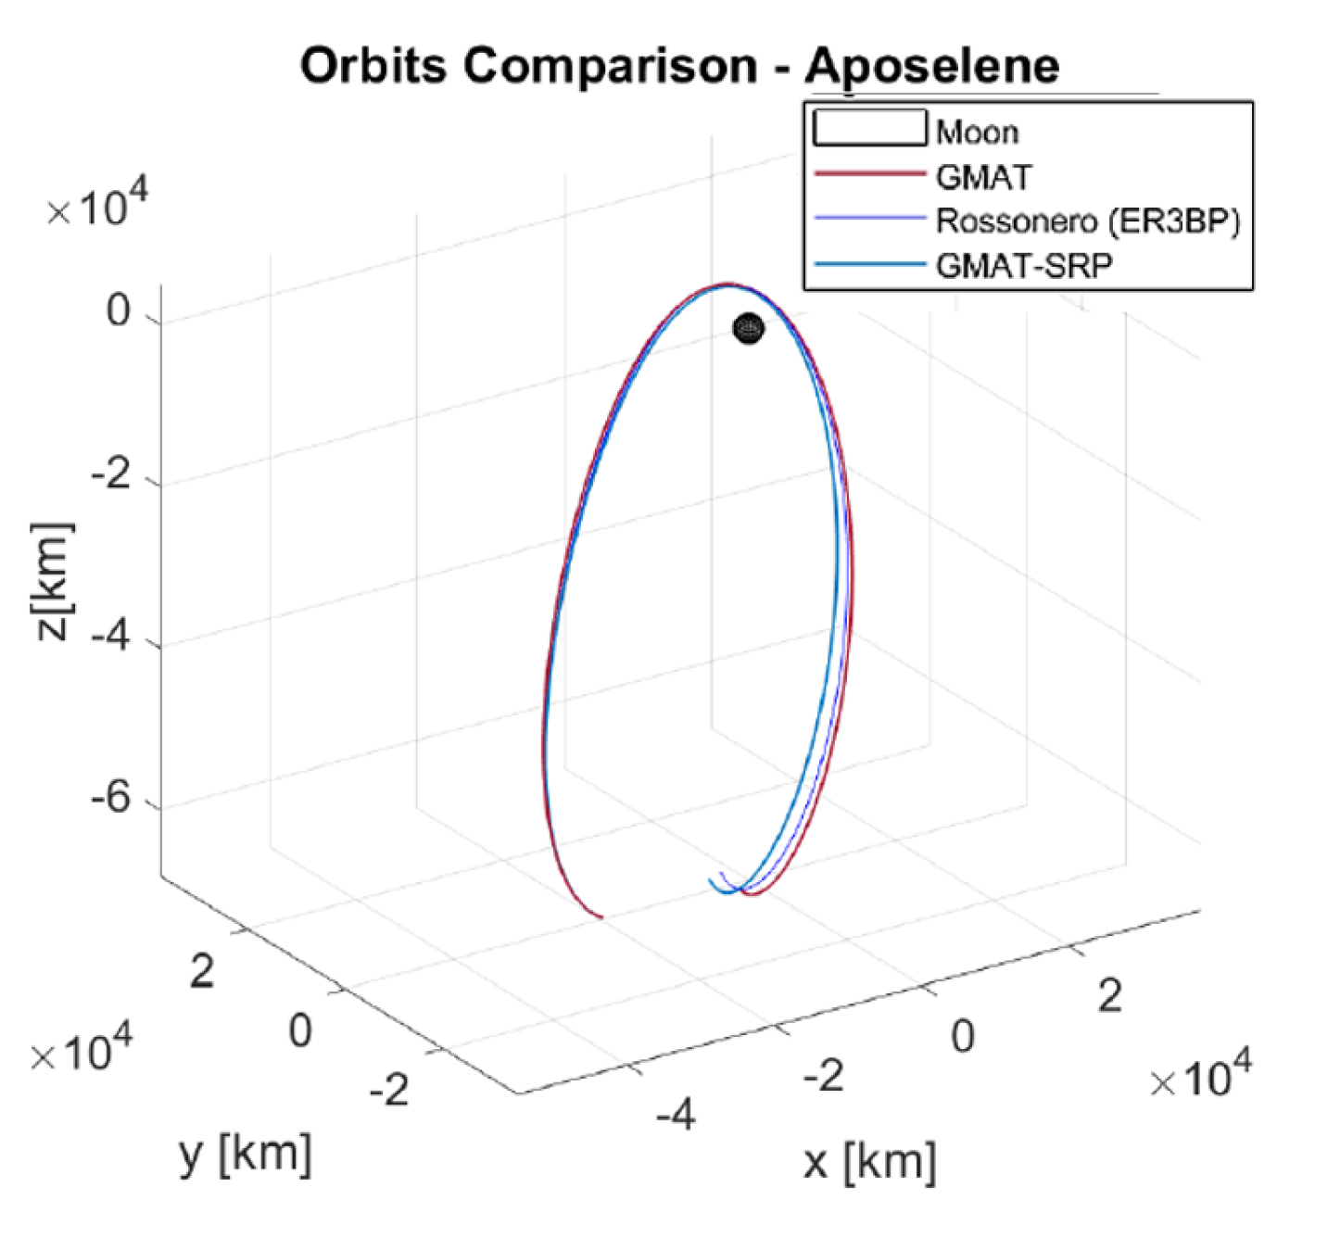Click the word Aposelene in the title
click(x=931, y=67)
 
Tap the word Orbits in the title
click(x=375, y=67)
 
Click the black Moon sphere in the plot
click(x=748, y=329)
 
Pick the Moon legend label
click(x=977, y=133)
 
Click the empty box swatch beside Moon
click(x=869, y=128)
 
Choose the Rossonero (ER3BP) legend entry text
click(x=1087, y=221)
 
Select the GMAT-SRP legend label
click(x=1023, y=266)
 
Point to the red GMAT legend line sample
click(x=869, y=174)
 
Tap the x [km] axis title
click(x=869, y=1160)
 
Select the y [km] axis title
click(x=245, y=1154)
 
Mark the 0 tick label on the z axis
click(x=119, y=310)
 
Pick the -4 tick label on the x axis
click(x=676, y=1114)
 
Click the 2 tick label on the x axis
click(x=1109, y=995)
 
